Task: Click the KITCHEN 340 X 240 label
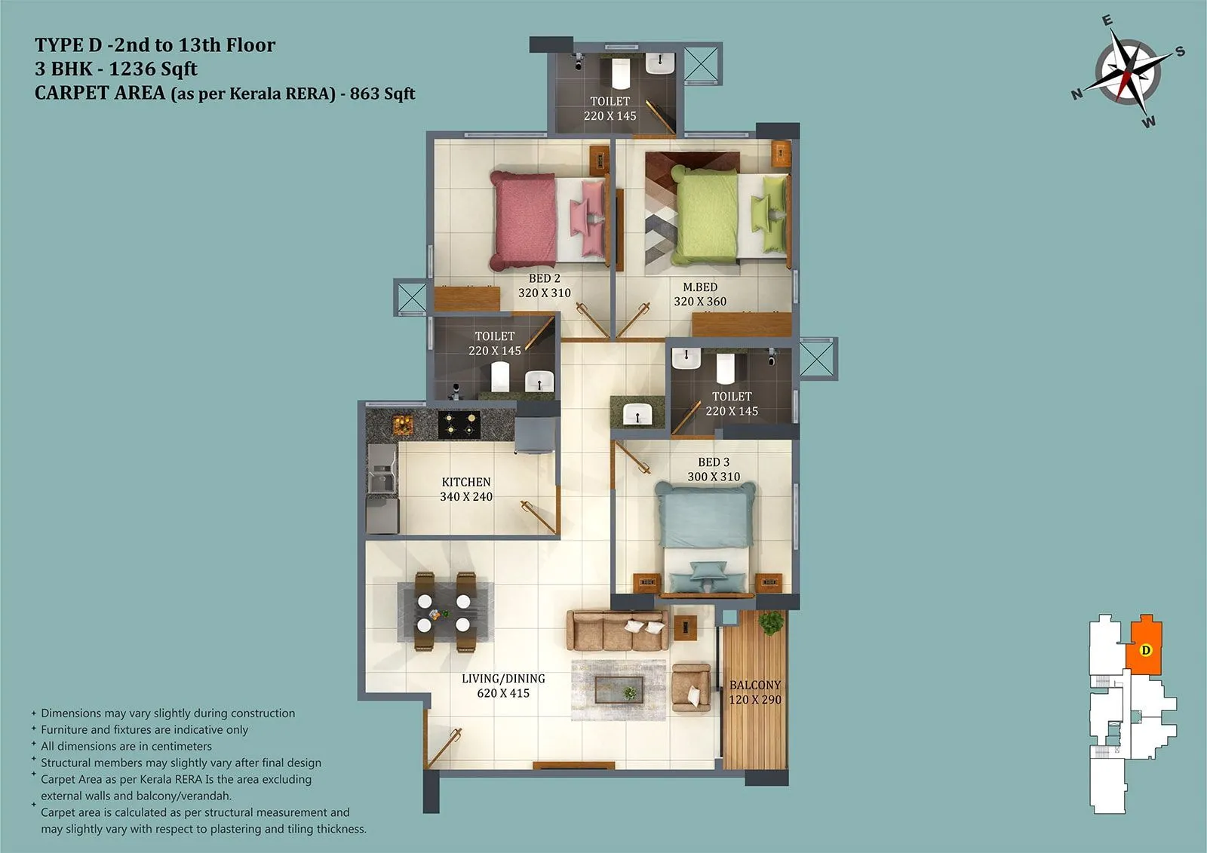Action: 466,489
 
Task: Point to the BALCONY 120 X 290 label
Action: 755,692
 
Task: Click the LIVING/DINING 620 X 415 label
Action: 503,686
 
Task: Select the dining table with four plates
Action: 444,612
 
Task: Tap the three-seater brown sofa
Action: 617,631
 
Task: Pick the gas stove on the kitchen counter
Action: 459,425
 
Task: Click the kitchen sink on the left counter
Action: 381,479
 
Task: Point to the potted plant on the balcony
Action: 771,623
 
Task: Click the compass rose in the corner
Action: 1129,74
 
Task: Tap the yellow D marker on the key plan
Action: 1146,650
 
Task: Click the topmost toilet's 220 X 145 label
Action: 610,115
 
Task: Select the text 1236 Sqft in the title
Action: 153,69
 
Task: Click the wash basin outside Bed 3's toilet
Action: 638,414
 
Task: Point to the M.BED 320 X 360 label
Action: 700,294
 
